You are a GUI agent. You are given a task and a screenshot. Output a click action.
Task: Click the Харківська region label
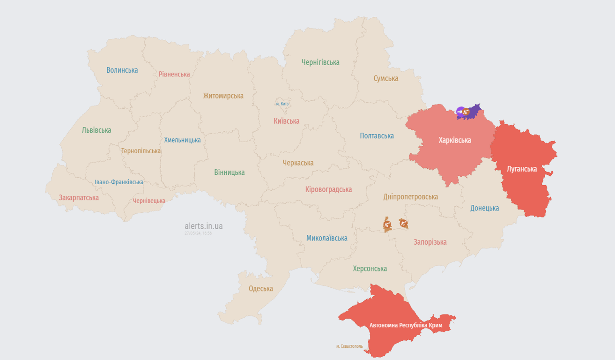[x=455, y=140]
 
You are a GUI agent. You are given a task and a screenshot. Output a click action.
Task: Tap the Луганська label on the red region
[x=522, y=169]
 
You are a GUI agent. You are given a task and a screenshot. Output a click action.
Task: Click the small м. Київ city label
[x=282, y=104]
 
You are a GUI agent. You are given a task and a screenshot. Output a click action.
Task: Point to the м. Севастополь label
[x=349, y=346]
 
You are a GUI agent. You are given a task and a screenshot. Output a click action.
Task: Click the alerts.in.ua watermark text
[x=204, y=226]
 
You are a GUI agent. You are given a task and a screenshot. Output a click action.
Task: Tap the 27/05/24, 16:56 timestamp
[x=198, y=233]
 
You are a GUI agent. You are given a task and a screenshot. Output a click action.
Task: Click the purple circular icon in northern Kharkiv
[x=460, y=112]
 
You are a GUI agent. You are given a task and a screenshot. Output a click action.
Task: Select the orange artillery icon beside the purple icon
[x=466, y=112]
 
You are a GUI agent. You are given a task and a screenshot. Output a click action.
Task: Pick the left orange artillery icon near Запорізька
[x=387, y=225]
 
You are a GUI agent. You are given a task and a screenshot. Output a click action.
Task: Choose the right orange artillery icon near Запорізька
[x=403, y=224]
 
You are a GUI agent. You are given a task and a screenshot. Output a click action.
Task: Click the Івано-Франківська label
[x=119, y=182]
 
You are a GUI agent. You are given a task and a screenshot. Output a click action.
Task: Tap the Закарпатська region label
[x=79, y=197]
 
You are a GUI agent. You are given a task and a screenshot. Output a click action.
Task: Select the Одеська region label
[x=260, y=288]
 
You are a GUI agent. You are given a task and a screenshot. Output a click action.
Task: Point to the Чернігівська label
[x=320, y=62]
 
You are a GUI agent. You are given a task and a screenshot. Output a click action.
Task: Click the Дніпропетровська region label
[x=410, y=196]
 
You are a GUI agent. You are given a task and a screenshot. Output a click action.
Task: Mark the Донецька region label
[x=484, y=208]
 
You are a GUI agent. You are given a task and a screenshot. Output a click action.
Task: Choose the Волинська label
[x=122, y=70]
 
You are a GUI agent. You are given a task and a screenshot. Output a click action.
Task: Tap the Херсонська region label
[x=370, y=269]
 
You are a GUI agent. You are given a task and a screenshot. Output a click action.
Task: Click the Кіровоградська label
[x=328, y=189]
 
